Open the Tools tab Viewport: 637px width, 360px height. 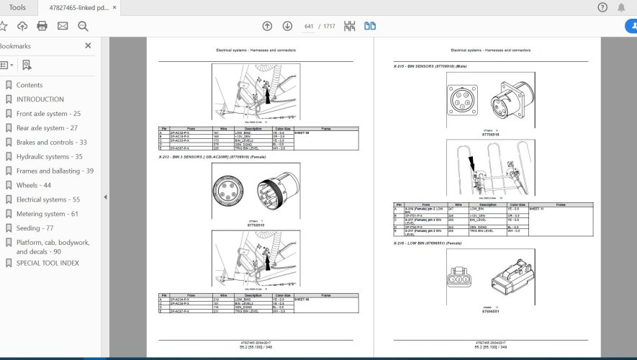pos(17,7)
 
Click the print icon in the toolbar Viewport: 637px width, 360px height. pos(42,26)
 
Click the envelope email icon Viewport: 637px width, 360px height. pos(63,26)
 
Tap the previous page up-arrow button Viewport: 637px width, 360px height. pos(267,26)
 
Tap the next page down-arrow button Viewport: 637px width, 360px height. pos(287,26)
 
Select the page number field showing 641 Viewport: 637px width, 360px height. pos(309,27)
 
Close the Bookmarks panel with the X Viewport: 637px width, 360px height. pos(88,45)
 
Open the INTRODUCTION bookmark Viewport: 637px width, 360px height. pos(40,99)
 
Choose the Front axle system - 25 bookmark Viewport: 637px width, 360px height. pos(48,114)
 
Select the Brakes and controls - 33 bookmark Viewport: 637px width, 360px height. pos(51,143)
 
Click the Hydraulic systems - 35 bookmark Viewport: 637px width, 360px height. pos(49,157)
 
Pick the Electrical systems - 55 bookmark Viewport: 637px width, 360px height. pos(48,199)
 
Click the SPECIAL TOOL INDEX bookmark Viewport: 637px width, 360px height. pos(48,263)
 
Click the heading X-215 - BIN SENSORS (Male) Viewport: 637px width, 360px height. pos(430,66)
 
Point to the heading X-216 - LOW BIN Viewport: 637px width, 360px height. pos(428,243)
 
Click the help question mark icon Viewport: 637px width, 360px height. pos(602,7)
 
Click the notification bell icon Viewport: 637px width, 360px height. pos(621,7)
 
